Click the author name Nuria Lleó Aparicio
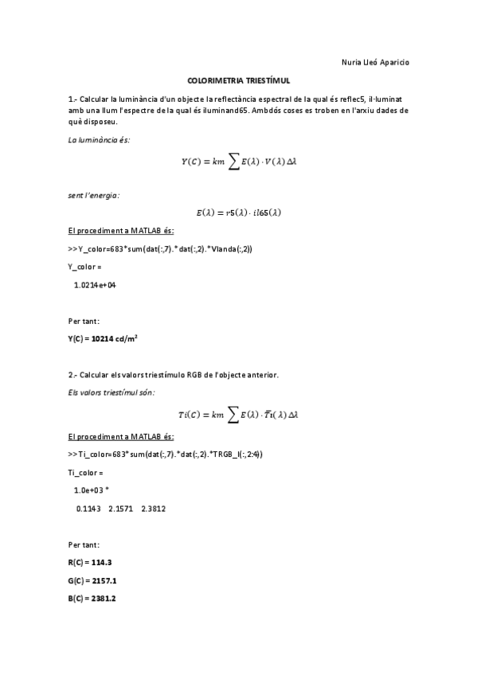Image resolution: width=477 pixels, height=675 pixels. tap(375, 63)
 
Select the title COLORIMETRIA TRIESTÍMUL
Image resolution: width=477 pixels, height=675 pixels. tap(238, 80)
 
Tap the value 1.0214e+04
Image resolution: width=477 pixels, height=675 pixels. tap(95, 284)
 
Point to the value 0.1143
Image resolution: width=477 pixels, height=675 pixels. tap(88, 508)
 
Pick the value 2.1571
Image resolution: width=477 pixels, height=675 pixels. tap(120, 508)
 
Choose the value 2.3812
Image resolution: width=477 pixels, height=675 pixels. tap(153, 508)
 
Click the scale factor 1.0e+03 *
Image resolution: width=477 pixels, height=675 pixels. tap(94, 490)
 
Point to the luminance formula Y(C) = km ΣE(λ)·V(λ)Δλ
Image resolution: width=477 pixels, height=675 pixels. tap(239, 162)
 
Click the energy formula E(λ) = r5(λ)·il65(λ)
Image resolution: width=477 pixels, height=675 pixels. tap(239, 213)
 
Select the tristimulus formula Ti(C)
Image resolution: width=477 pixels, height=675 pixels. tap(239, 415)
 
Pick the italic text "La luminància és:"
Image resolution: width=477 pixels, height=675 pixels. tap(99, 140)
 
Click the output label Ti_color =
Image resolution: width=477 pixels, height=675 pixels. tap(86, 473)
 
